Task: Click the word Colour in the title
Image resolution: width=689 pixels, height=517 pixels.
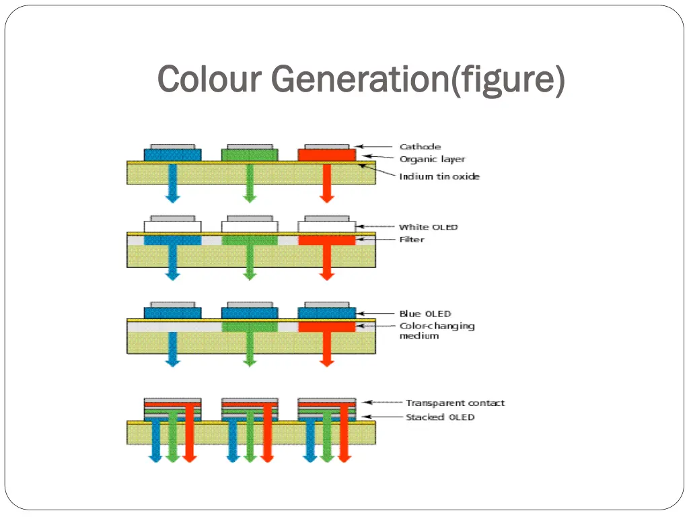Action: click(x=209, y=79)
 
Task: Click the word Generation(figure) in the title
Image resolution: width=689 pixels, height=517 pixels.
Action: click(x=418, y=79)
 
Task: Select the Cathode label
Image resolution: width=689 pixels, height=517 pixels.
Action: click(x=420, y=146)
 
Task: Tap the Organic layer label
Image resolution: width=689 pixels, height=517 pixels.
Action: click(x=432, y=160)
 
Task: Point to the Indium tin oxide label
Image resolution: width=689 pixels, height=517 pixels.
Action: click(x=439, y=176)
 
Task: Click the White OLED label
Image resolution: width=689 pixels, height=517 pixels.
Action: click(x=428, y=227)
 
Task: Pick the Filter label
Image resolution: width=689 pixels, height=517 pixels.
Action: click(x=412, y=240)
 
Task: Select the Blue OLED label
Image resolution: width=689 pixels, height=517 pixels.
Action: click(x=425, y=314)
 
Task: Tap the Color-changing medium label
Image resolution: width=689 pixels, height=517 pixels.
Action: click(x=437, y=331)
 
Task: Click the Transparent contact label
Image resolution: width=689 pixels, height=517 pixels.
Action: click(x=455, y=403)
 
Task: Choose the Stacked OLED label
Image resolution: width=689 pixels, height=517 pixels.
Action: click(x=439, y=417)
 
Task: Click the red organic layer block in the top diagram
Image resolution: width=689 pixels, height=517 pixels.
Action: click(x=327, y=155)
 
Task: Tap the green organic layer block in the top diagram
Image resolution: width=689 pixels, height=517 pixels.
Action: click(x=250, y=155)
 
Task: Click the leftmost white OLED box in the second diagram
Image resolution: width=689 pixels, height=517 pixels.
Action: click(x=173, y=227)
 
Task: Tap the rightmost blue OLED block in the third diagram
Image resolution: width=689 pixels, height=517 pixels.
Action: click(x=327, y=313)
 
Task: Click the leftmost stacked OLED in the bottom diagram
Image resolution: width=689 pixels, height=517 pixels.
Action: click(x=173, y=409)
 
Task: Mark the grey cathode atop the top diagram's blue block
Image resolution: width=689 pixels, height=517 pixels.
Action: click(x=173, y=146)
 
